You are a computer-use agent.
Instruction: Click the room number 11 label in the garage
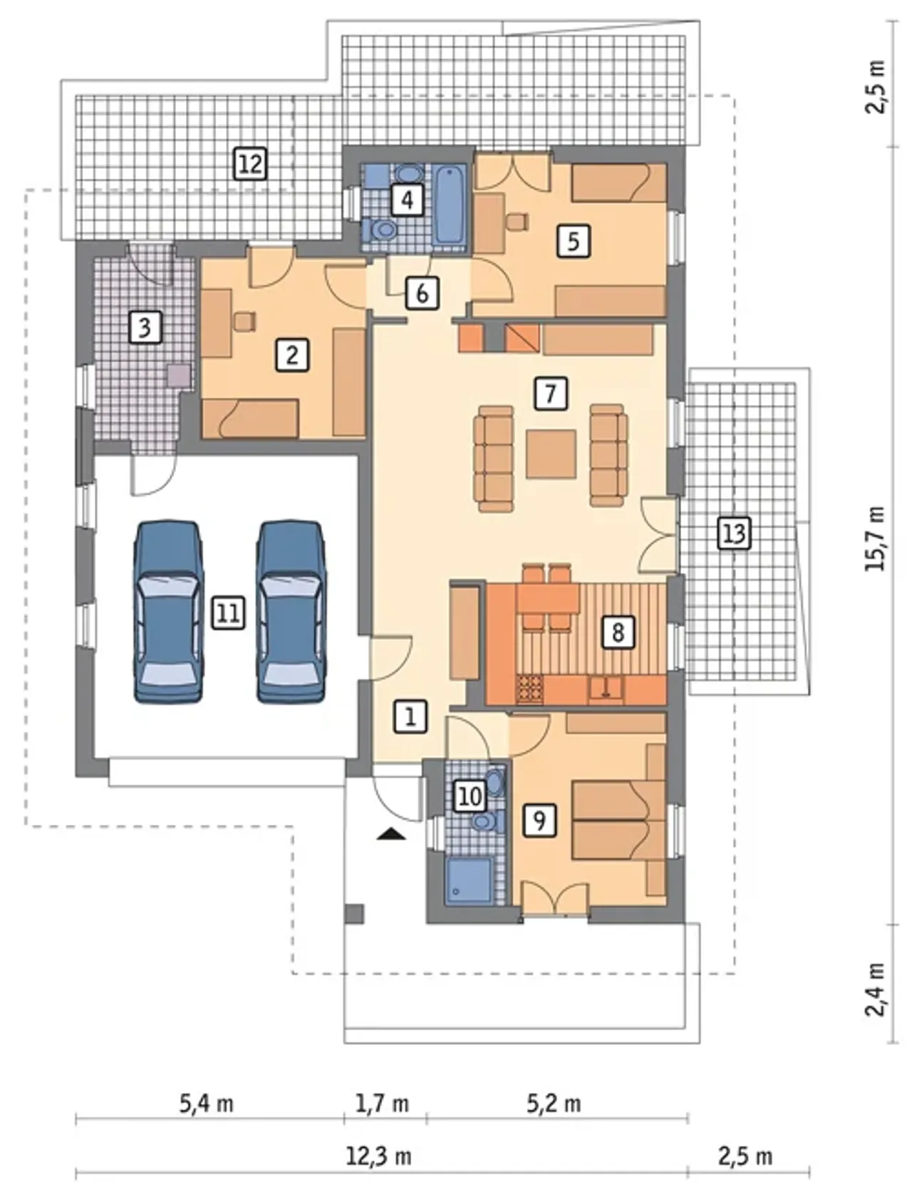pyautogui.click(x=228, y=612)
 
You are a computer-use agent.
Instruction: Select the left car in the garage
pyautogui.click(x=167, y=612)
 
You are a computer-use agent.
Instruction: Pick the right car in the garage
pyautogui.click(x=291, y=612)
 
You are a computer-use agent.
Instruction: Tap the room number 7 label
pyautogui.click(x=550, y=393)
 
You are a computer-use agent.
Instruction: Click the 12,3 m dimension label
pyautogui.click(x=378, y=1156)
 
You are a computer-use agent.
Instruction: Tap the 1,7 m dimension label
pyautogui.click(x=382, y=1104)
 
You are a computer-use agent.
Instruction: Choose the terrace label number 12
pyautogui.click(x=250, y=163)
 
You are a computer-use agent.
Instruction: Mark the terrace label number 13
pyautogui.click(x=734, y=533)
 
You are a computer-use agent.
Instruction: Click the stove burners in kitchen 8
pyautogui.click(x=529, y=688)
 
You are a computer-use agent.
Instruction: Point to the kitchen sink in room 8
pyautogui.click(x=605, y=687)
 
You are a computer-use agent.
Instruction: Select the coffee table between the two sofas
pyautogui.click(x=551, y=453)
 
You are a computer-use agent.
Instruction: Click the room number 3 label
pyautogui.click(x=145, y=328)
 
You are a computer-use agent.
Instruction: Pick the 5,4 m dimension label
pyautogui.click(x=207, y=1104)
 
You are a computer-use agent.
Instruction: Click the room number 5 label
pyautogui.click(x=574, y=241)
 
